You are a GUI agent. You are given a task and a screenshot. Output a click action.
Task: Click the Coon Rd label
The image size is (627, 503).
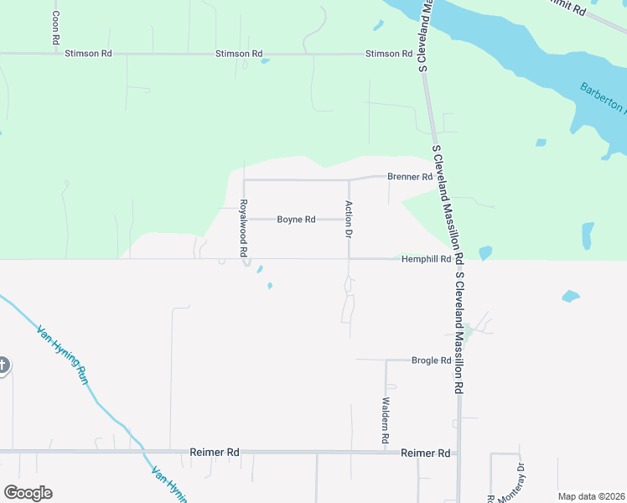55,28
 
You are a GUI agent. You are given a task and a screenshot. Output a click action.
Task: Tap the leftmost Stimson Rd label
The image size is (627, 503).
89,54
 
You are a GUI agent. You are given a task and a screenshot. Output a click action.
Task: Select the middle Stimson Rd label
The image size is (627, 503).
239,54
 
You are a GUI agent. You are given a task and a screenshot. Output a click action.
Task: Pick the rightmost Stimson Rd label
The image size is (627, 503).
389,54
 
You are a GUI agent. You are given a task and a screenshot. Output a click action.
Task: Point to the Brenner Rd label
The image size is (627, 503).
409,177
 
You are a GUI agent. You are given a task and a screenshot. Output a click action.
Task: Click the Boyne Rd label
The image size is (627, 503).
296,220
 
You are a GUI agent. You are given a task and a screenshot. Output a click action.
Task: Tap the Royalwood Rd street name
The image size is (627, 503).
243,228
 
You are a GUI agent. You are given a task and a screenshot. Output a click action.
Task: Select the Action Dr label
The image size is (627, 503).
348,220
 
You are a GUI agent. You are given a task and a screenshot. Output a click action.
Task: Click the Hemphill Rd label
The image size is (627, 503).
426,259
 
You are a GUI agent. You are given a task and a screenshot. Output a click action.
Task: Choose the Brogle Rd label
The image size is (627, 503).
431,360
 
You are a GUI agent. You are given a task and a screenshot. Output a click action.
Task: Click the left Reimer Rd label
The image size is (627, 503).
215,453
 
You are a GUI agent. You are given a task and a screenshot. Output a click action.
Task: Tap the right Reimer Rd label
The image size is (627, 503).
426,453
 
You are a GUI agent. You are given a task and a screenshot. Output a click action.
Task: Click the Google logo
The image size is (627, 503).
28,493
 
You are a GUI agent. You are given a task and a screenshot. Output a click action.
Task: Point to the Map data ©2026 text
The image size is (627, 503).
590,496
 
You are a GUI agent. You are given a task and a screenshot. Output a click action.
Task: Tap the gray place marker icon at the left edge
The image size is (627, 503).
3,365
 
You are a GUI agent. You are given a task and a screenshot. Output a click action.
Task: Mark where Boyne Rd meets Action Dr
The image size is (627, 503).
349,220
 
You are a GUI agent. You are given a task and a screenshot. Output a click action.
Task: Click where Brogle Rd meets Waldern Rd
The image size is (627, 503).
386,360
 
